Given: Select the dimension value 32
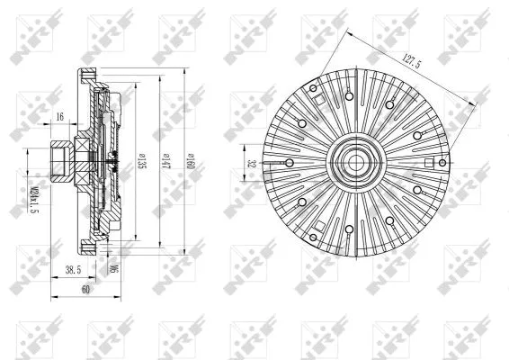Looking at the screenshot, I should click(253, 164).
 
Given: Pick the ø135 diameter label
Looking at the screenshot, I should click(143, 161).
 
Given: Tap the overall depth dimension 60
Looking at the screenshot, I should click(85, 291).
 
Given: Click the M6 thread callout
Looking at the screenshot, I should click(112, 267).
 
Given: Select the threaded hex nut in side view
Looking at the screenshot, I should click(62, 162).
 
